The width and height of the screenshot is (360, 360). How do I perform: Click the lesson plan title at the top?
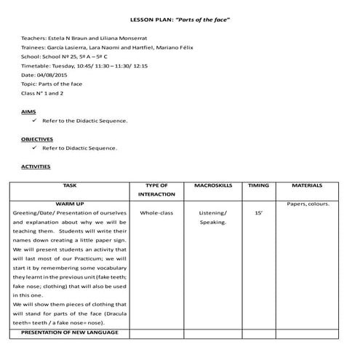(x=180, y=15)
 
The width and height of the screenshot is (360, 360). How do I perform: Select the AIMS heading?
(x=29, y=111)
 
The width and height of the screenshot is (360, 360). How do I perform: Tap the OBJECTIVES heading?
(x=37, y=138)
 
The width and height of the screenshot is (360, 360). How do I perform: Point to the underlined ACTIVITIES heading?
(x=36, y=166)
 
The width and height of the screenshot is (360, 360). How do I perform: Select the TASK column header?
(x=70, y=186)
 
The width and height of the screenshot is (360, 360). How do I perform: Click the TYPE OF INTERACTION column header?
(x=156, y=191)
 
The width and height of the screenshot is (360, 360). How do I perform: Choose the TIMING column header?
(x=258, y=186)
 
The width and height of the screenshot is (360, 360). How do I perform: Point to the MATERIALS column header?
(x=311, y=186)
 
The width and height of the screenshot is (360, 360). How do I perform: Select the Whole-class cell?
(x=156, y=213)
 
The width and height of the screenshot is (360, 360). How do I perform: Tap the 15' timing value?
(x=258, y=213)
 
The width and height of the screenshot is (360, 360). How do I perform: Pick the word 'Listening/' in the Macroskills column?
(x=212, y=213)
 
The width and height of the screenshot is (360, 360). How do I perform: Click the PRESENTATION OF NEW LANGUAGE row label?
(x=70, y=332)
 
